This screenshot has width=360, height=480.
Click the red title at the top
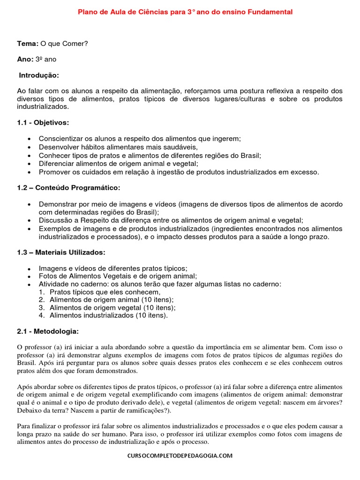pos(185,12)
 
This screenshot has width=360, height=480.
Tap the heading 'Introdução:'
pos(39,75)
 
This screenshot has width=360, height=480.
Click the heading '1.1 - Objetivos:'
pos(43,123)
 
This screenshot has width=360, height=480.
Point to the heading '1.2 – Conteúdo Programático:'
pos(68,187)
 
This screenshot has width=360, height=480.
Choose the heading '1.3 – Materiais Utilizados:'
pos(61,252)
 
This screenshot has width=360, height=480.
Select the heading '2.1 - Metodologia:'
pos(48,331)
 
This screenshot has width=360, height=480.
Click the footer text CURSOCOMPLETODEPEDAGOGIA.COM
pos(180,455)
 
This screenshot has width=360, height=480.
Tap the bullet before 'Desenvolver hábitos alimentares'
pos(30,147)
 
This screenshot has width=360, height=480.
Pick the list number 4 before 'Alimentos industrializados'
pos(41,315)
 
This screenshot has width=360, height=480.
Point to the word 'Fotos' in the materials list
pos(48,276)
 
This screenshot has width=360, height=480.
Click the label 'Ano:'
pos(25,60)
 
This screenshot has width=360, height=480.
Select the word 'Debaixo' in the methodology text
pos(29,411)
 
